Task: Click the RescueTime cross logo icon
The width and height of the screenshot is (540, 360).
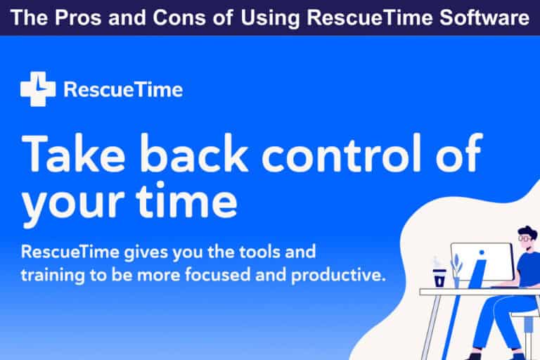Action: coord(37,89)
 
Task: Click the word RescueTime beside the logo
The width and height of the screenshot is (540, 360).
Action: coord(123,90)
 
